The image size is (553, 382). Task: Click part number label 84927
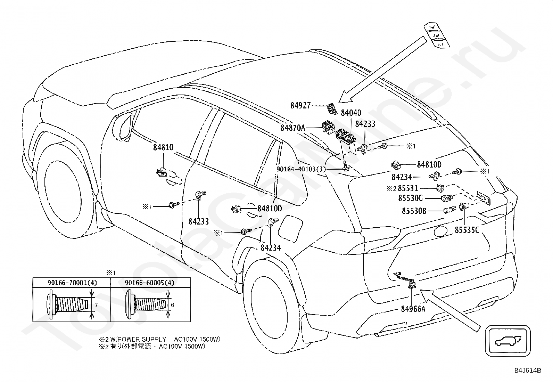click(x=300, y=106)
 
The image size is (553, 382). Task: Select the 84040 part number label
click(x=351, y=113)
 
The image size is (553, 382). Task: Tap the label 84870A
click(x=293, y=128)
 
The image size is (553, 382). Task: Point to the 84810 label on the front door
click(x=163, y=147)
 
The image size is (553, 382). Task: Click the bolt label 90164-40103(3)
click(x=301, y=169)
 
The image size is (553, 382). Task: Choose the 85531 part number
click(x=408, y=188)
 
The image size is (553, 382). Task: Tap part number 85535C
click(x=467, y=230)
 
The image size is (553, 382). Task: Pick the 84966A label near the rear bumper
click(x=413, y=309)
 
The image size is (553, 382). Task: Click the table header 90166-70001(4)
click(x=72, y=283)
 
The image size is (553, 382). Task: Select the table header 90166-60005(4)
click(x=149, y=283)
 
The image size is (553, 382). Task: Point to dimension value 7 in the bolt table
click(x=96, y=305)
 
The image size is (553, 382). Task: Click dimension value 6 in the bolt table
click(x=172, y=305)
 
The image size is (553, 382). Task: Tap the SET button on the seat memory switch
click(x=440, y=44)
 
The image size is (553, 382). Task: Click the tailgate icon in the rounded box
click(x=508, y=341)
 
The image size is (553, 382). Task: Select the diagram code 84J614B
click(x=528, y=371)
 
